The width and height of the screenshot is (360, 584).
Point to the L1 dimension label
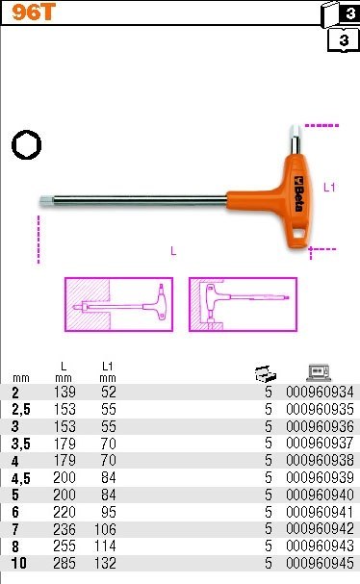pyautogui.click(x=328, y=186)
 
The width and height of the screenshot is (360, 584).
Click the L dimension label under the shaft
pyautogui.click(x=173, y=252)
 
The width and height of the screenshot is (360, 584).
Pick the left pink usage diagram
pyautogui.click(x=118, y=305)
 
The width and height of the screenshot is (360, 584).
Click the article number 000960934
pyautogui.click(x=314, y=392)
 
